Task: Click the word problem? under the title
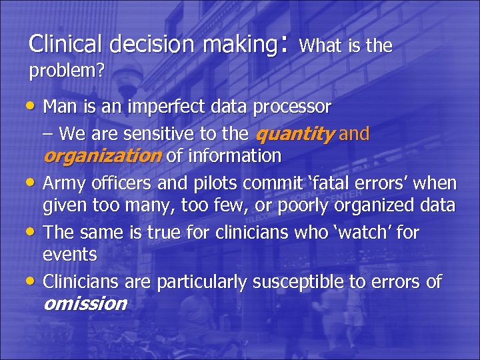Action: (66, 71)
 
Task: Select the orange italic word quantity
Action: (295, 134)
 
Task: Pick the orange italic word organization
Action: (102, 156)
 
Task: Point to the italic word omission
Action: (85, 304)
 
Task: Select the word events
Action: (69, 255)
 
